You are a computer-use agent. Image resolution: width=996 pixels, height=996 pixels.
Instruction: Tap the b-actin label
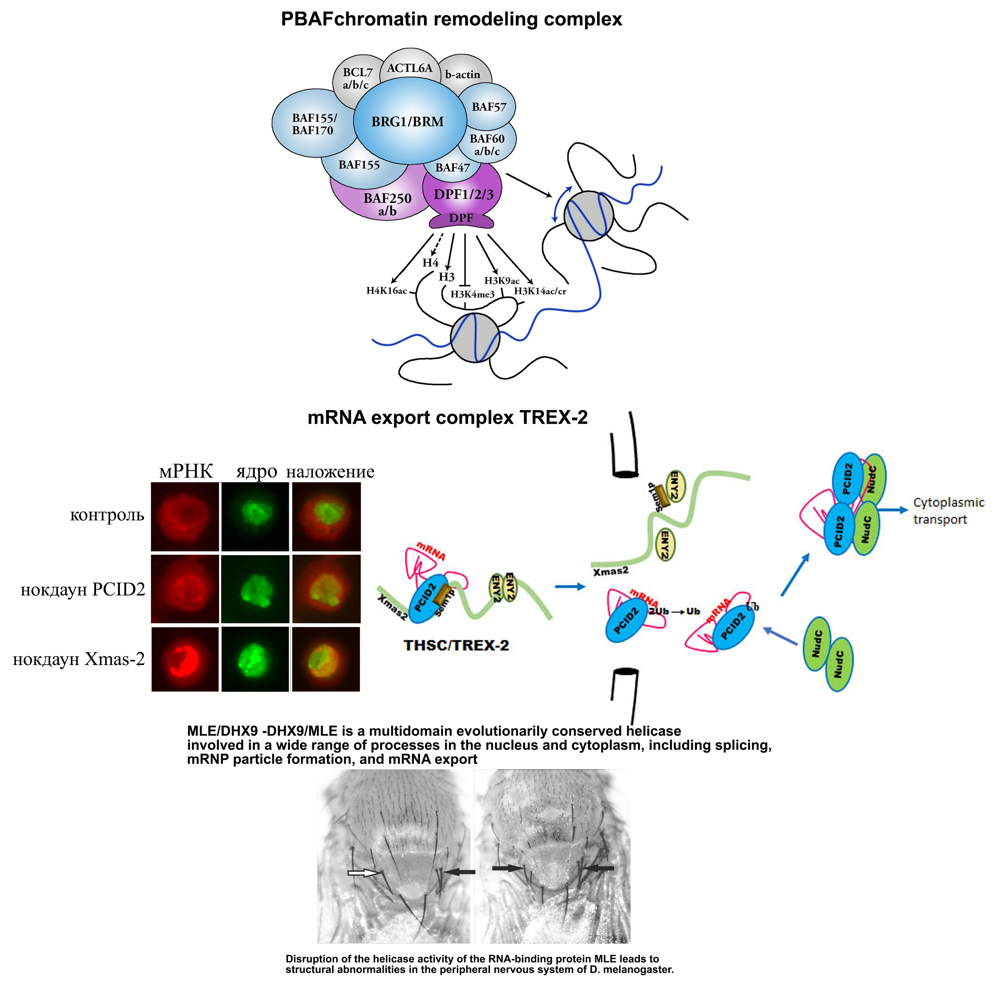click(462, 75)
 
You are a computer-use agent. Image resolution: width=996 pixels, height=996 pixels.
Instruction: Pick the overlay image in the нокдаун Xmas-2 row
click(326, 659)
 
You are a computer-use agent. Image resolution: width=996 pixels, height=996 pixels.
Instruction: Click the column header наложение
click(330, 472)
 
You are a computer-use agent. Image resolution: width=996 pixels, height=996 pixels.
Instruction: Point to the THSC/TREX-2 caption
click(456, 645)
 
